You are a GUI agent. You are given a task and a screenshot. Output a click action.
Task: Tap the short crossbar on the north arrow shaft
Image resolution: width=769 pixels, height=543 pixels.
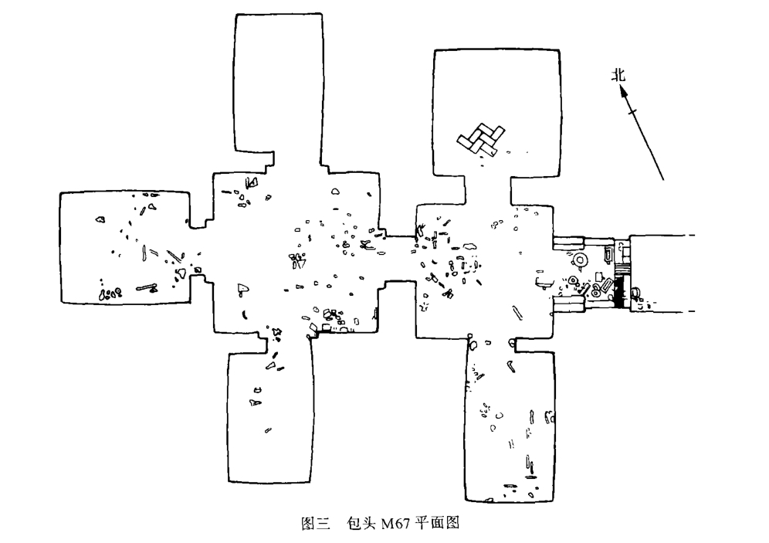coord(632,112)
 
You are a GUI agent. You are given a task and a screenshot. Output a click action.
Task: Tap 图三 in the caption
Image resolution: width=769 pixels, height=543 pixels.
coord(315,523)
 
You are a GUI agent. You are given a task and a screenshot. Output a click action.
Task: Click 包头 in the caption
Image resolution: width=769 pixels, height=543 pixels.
coord(361,523)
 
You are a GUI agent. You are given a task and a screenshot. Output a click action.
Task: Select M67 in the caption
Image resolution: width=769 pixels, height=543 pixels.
coord(395,524)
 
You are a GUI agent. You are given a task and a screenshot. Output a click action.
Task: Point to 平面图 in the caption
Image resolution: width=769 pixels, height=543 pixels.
coord(436,523)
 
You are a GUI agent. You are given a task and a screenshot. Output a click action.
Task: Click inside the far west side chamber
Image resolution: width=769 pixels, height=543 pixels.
coord(125,248)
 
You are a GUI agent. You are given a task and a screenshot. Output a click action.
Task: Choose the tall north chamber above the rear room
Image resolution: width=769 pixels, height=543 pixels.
coord(279,83)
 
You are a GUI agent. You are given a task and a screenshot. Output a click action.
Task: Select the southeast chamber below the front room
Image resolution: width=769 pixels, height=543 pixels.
coord(510,422)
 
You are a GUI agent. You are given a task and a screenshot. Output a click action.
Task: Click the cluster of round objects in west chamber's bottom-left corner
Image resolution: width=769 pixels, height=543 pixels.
coord(110,294)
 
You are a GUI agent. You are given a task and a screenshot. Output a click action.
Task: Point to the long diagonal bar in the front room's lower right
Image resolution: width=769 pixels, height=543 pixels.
coord(517,313)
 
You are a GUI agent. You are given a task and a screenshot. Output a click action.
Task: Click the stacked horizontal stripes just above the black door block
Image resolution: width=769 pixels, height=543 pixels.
coord(621,269)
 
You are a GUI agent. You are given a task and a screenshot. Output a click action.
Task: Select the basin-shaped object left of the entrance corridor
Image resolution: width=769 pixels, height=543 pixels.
coord(543,283)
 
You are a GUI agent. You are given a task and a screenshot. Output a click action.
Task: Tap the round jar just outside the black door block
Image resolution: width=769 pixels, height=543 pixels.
coord(635,293)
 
